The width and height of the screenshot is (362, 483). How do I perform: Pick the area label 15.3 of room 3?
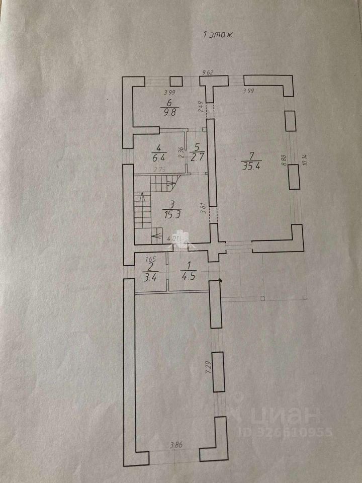click(172, 214)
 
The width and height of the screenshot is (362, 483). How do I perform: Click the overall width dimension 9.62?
click(208, 72)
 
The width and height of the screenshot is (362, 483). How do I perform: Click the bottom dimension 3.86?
click(176, 444)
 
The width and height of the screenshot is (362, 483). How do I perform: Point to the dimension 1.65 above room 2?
click(149, 260)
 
